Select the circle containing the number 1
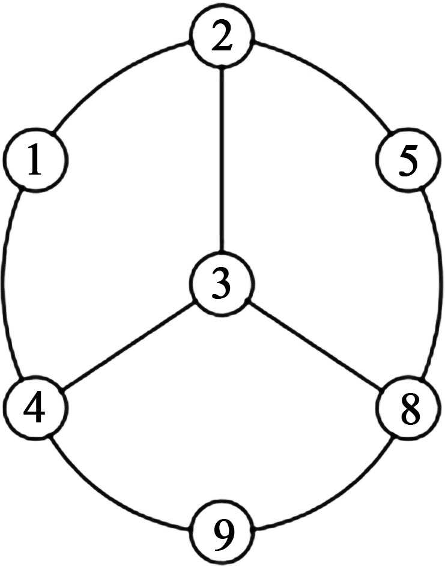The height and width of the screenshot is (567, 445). [x=35, y=161]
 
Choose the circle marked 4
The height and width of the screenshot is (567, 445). [x=35, y=409]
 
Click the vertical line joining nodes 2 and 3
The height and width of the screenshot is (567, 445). [x=223, y=162]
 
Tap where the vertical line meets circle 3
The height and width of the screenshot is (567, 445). [x=223, y=253]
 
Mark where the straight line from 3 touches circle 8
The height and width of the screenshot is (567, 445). [x=381, y=391]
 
